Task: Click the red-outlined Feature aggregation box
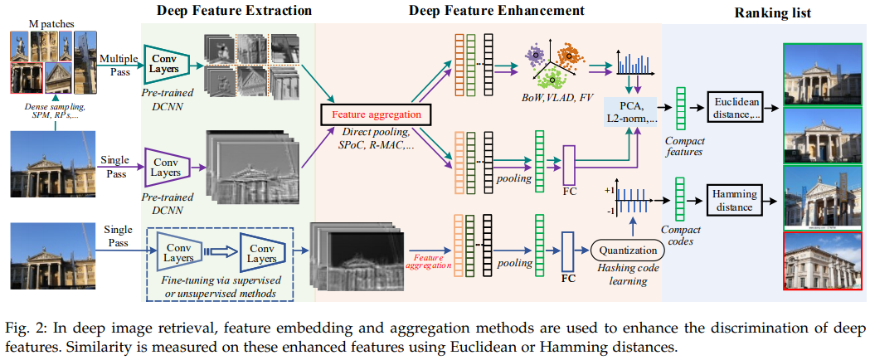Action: click(375, 115)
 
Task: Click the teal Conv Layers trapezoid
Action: click(167, 65)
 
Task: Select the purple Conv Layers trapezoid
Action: click(167, 167)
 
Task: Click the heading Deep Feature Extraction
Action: click(234, 10)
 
